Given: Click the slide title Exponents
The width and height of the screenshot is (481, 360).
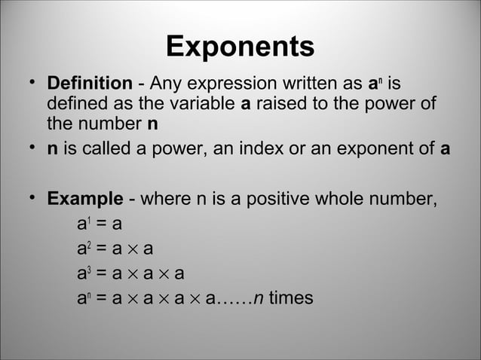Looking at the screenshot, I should (x=240, y=47).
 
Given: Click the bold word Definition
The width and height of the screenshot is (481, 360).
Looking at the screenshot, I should (x=90, y=83).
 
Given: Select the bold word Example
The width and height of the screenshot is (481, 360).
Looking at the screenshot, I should (x=85, y=200).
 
